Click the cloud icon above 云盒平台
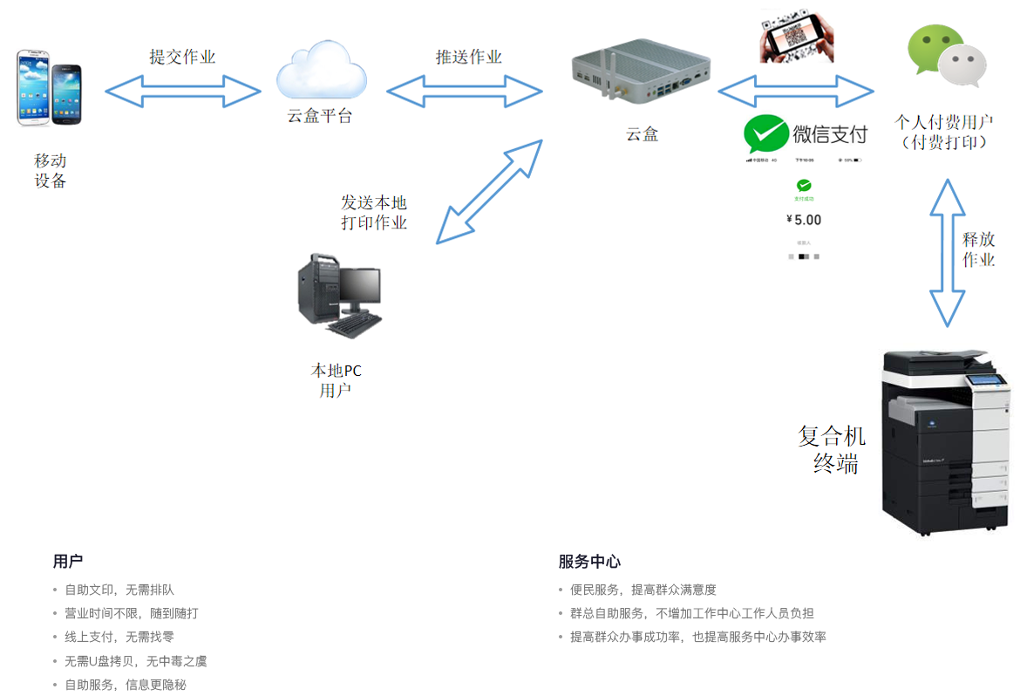321,71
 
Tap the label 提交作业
182,58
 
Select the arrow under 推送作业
465,90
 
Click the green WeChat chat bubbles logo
947,56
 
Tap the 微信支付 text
830,134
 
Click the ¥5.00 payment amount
804,220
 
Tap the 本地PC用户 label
336,380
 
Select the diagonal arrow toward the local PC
489,191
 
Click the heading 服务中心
589,562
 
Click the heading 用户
68,562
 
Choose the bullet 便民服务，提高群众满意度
643,590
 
